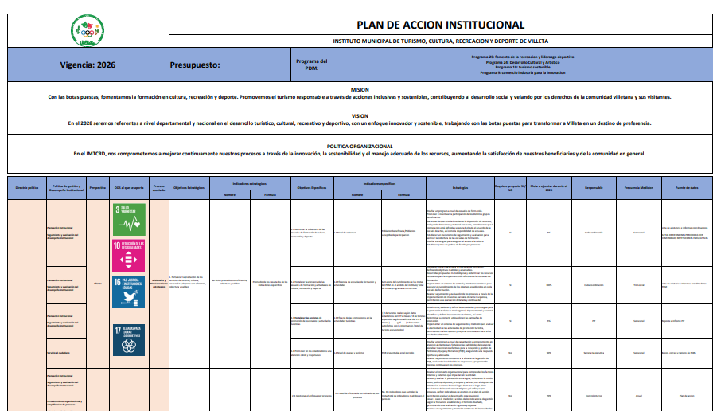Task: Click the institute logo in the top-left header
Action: [87, 31]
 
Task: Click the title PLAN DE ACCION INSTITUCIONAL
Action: [440, 25]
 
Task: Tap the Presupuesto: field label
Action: [195, 65]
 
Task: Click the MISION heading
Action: [360, 90]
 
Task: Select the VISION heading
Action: [360, 116]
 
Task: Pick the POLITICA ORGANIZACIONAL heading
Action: [360, 147]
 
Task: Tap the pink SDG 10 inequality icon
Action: [128, 256]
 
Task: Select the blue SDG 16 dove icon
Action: [128, 292]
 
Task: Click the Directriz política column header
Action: [26, 188]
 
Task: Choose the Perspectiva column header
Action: [98, 188]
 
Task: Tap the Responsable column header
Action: [594, 188]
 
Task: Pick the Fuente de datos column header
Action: [686, 188]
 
